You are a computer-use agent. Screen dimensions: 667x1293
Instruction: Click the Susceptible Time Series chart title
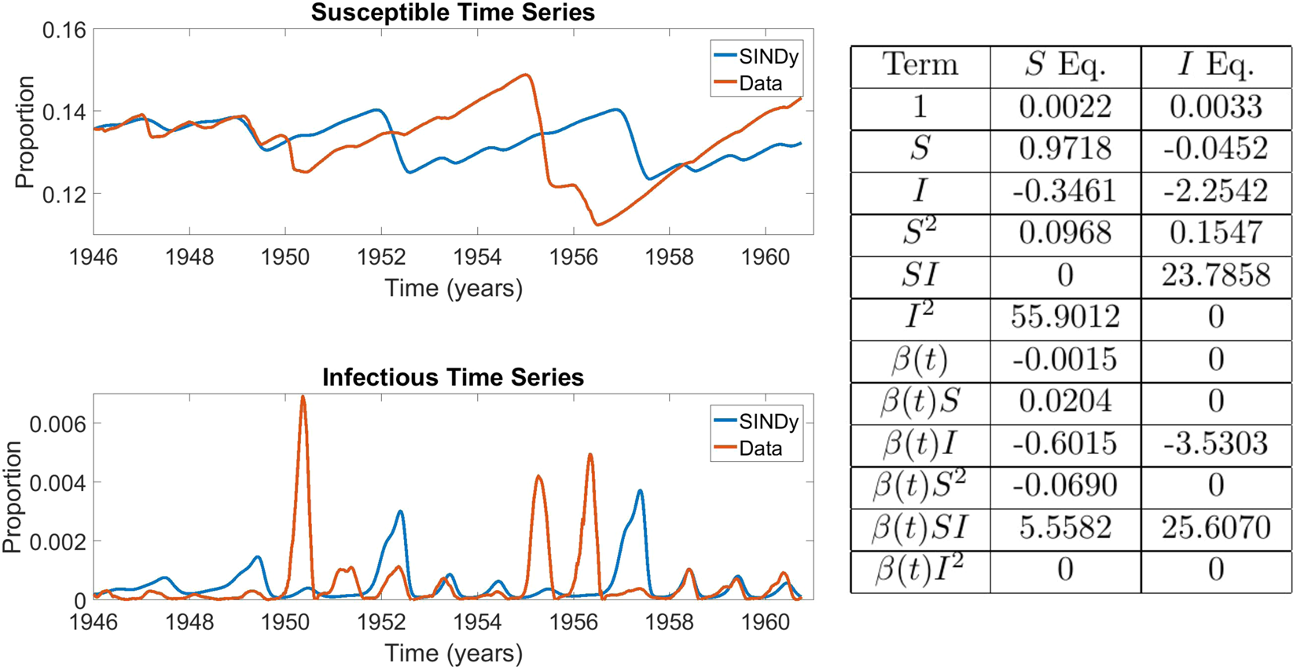coord(453,13)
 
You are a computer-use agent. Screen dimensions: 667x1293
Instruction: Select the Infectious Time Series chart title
coord(453,377)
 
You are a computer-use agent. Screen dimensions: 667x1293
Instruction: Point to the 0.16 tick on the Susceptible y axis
coord(64,31)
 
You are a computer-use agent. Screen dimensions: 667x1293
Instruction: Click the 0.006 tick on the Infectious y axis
coord(57,424)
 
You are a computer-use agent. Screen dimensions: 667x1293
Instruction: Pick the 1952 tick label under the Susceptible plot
coord(381,257)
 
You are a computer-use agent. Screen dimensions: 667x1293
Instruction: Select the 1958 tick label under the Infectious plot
coord(669,622)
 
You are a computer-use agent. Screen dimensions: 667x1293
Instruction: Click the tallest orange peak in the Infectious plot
coord(303,397)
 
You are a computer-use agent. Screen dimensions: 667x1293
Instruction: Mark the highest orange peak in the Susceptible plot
coord(526,75)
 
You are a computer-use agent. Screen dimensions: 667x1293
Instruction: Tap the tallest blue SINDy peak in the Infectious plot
coord(640,491)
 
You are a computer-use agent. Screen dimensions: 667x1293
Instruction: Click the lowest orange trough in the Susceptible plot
coord(598,225)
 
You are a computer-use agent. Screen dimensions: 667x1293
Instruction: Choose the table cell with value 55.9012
coord(1065,317)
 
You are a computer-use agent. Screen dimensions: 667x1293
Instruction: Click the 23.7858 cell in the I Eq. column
coord(1215,275)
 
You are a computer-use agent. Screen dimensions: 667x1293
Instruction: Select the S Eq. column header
coord(1065,65)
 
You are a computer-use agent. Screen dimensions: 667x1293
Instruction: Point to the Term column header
coord(920,65)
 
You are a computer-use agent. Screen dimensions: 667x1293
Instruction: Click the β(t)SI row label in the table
coord(920,528)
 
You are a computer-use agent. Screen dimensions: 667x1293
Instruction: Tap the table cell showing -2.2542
coord(1215,191)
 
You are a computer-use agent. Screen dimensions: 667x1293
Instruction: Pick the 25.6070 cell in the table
coord(1215,528)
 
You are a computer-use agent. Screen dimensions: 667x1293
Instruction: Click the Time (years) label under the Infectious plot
coord(453,653)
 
